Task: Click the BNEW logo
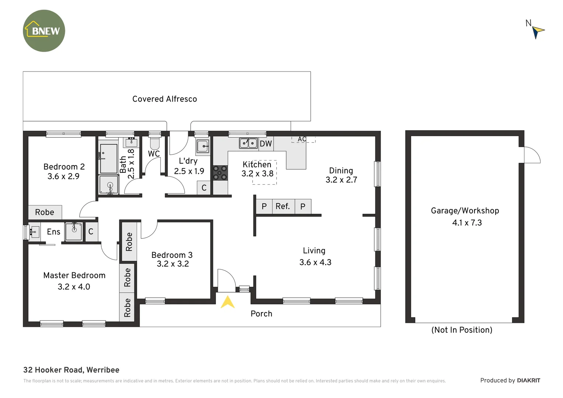tap(44, 31)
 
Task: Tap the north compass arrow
tap(538, 31)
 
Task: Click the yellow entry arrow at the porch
tap(227, 302)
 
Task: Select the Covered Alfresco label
tap(164, 99)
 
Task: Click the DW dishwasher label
tap(266, 144)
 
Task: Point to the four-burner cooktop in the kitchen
tap(220, 173)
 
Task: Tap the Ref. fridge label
tap(283, 206)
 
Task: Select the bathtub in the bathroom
tap(109, 158)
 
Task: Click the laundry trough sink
tap(203, 146)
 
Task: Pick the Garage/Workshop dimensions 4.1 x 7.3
tap(467, 223)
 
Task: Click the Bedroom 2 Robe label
tap(45, 212)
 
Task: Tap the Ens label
tap(53, 232)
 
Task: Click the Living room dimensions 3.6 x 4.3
tap(315, 262)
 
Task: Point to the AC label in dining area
tap(302, 139)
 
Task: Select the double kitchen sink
tap(248, 143)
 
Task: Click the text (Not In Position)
tap(462, 330)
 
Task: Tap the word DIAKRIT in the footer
tap(528, 380)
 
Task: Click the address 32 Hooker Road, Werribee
tap(71, 370)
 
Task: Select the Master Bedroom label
tap(74, 275)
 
